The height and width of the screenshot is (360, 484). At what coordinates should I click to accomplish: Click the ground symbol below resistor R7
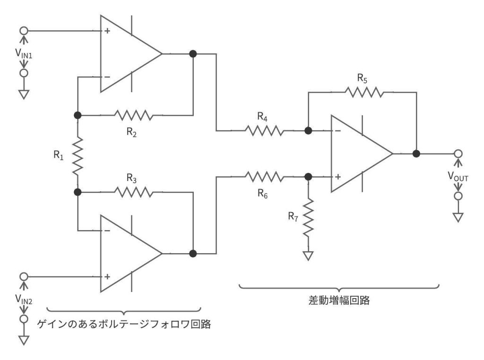pos(308,256)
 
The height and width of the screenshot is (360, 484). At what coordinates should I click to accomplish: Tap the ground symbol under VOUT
pos(457,217)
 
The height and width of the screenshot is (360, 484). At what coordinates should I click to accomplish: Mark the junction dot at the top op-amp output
pos(193,54)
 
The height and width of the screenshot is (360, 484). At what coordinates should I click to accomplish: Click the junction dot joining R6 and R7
pos(308,177)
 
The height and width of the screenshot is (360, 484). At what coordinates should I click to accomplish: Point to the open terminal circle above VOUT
pos(457,154)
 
